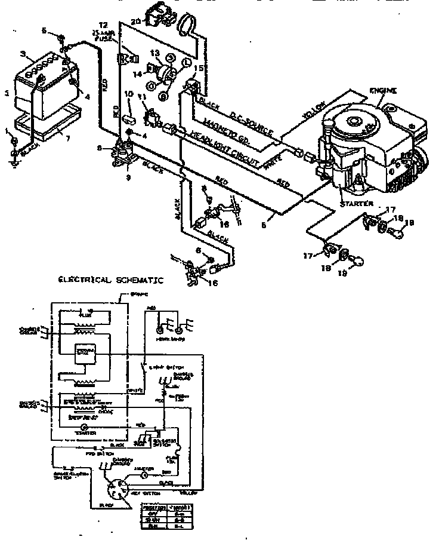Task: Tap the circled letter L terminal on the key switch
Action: pyautogui.click(x=186, y=62)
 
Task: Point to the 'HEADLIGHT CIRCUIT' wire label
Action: pyautogui.click(x=227, y=147)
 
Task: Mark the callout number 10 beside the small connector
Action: pyautogui.click(x=128, y=94)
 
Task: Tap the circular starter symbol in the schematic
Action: pyautogui.click(x=85, y=428)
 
